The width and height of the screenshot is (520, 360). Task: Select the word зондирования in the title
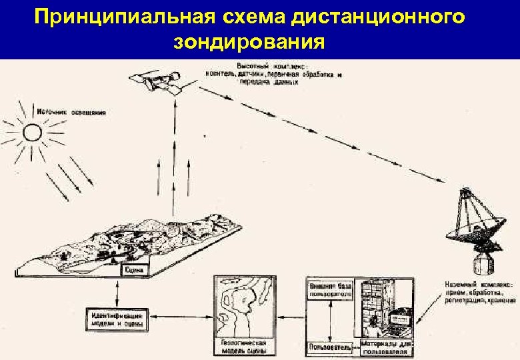tap(249, 43)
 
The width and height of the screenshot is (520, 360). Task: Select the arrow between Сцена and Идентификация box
tap(117, 291)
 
